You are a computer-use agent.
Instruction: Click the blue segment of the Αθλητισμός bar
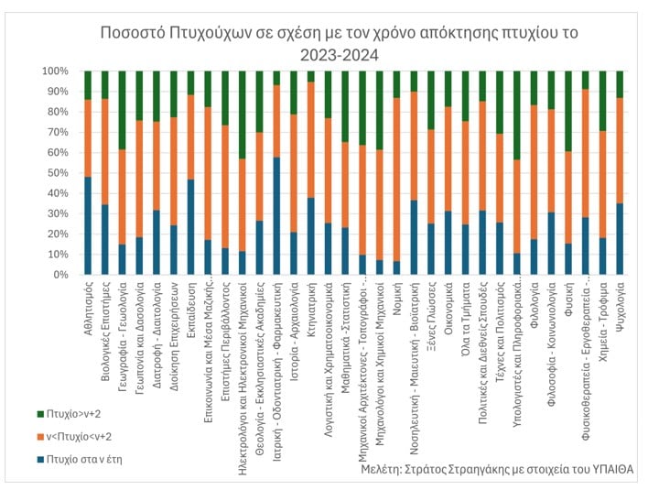click(88, 225)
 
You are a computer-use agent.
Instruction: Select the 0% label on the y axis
click(59, 275)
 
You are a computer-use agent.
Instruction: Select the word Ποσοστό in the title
click(134, 34)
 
